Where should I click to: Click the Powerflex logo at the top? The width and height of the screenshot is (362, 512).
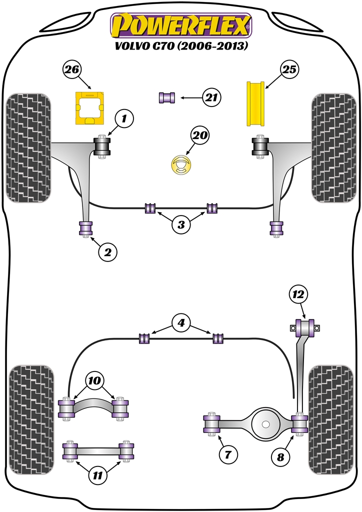(x=181, y=24)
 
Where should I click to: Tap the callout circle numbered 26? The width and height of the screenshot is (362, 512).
(x=72, y=70)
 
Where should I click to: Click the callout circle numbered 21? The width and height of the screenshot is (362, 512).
(x=212, y=97)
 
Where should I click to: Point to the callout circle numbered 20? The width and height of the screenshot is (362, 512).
(x=200, y=135)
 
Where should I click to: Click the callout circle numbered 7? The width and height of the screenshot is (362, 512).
(x=228, y=454)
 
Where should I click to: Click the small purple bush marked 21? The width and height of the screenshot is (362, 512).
(x=167, y=97)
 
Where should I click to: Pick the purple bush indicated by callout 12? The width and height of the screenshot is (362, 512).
(x=304, y=328)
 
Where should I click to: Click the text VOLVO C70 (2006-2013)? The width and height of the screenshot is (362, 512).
(x=181, y=46)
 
